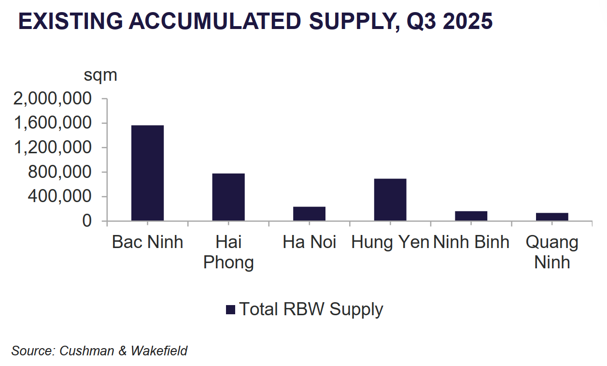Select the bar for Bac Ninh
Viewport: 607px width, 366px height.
147,173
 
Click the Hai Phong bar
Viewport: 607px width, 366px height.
228,197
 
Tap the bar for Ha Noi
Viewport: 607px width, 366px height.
309,214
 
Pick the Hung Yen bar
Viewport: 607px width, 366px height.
390,200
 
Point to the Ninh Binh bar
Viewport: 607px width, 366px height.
471,216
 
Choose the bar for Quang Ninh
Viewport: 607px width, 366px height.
552,217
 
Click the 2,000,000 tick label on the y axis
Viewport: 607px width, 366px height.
53,99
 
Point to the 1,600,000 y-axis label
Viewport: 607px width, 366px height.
53,123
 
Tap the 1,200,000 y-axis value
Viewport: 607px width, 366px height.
53,148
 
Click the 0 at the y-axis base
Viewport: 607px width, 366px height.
86,221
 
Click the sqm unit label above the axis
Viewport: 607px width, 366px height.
100,75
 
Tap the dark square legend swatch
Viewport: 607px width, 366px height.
230,310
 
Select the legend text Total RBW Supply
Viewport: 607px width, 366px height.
311,309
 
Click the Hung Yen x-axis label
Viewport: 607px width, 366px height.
390,242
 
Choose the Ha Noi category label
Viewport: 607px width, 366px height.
309,242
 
